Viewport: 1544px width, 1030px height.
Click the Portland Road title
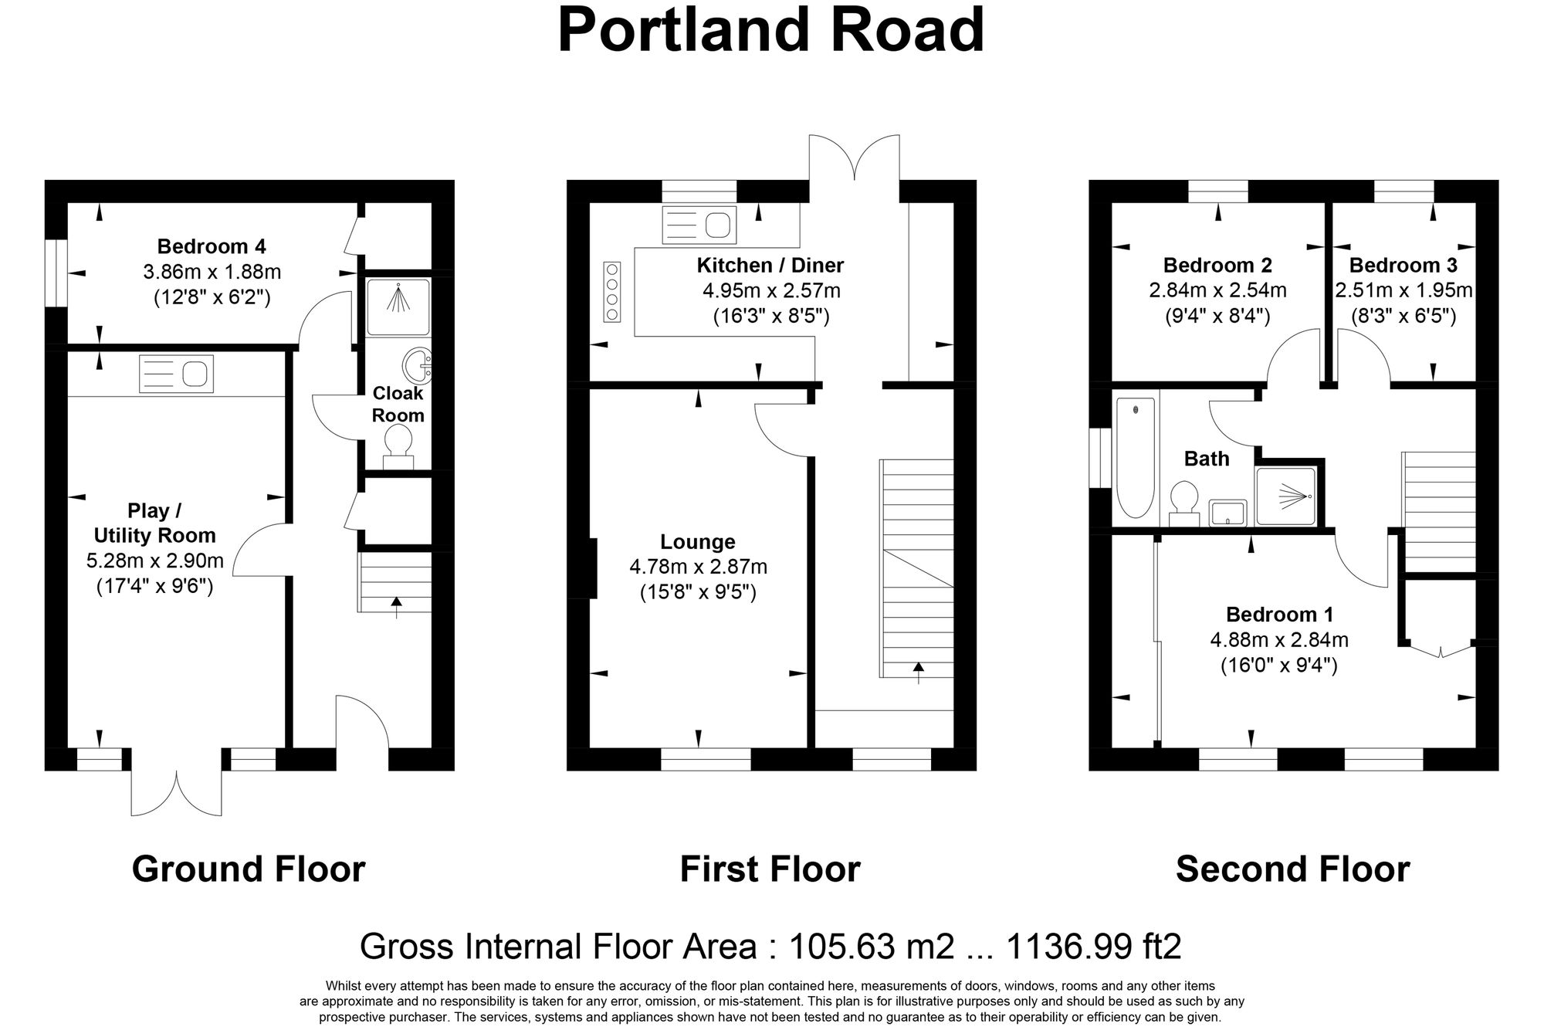pos(770,31)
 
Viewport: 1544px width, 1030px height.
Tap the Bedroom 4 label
pos(212,246)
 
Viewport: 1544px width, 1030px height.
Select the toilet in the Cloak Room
pos(398,446)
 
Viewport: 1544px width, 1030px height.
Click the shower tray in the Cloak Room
pos(398,307)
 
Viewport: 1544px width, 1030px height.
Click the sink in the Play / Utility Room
pos(176,374)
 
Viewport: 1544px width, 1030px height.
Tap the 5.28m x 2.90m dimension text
pos(154,561)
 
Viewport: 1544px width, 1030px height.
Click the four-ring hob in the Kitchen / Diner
pos(613,292)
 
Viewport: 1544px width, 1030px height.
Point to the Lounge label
pos(698,542)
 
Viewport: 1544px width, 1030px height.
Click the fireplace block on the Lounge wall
pos(593,568)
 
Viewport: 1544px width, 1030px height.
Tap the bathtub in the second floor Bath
pos(1136,457)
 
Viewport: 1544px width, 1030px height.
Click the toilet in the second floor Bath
pos(1183,500)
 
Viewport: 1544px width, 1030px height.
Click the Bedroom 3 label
pos(1403,266)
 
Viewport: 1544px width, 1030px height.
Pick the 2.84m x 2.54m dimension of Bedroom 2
pos(1217,291)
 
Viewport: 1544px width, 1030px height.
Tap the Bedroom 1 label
pos(1278,615)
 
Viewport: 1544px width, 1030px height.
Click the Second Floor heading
pos(1292,869)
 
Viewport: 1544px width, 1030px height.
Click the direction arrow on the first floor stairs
pos(918,673)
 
